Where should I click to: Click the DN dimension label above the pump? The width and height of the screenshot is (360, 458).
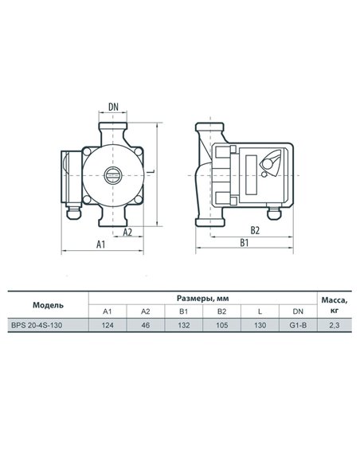113,107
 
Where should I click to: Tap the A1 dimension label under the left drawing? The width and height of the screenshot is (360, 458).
100,244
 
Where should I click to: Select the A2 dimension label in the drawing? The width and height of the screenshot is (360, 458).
127,232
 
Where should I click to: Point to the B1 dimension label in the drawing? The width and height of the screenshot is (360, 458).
244,242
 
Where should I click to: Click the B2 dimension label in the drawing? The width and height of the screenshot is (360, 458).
255,230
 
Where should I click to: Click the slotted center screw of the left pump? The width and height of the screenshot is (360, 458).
113,175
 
